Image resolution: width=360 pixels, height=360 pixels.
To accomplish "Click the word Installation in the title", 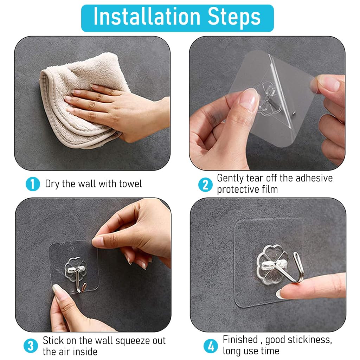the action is point(147,17).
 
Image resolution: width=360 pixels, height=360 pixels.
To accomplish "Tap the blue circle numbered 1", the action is point(33,184).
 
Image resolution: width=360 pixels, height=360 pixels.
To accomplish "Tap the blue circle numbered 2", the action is point(205,185).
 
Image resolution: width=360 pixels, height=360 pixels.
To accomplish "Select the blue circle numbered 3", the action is point(31,346).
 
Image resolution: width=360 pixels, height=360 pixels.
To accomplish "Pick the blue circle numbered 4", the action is point(211,346).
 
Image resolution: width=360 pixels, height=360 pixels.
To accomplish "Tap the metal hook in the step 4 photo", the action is point(290,268).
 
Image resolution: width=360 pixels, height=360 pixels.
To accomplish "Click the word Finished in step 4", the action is point(240,340).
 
